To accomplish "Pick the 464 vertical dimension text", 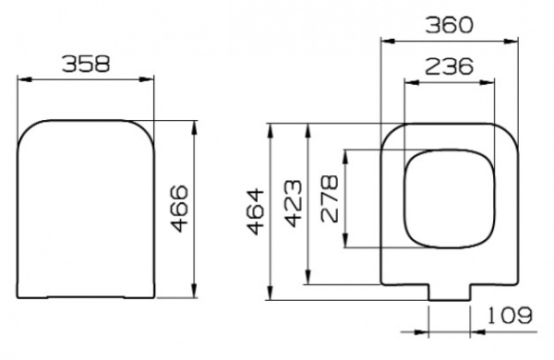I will (256, 212).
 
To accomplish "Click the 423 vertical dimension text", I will (294, 203).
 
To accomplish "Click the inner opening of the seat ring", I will (447, 198).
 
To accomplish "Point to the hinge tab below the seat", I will (451, 290).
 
